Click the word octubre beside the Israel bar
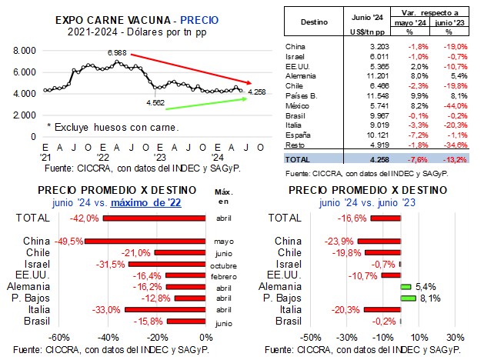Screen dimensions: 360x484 coord(223,265)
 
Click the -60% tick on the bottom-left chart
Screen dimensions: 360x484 coord(58,336)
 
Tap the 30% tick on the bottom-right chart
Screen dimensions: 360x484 coord(455,336)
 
